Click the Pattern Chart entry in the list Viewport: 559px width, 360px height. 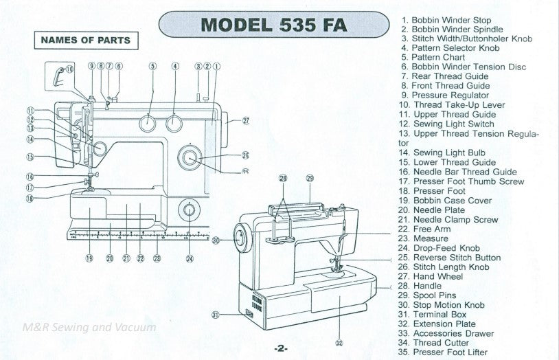point(437,58)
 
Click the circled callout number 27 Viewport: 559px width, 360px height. point(245,120)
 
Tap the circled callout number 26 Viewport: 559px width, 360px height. point(245,155)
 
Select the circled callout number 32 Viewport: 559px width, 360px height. point(339,342)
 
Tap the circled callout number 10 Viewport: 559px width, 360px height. point(69,69)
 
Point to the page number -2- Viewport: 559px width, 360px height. point(279,348)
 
